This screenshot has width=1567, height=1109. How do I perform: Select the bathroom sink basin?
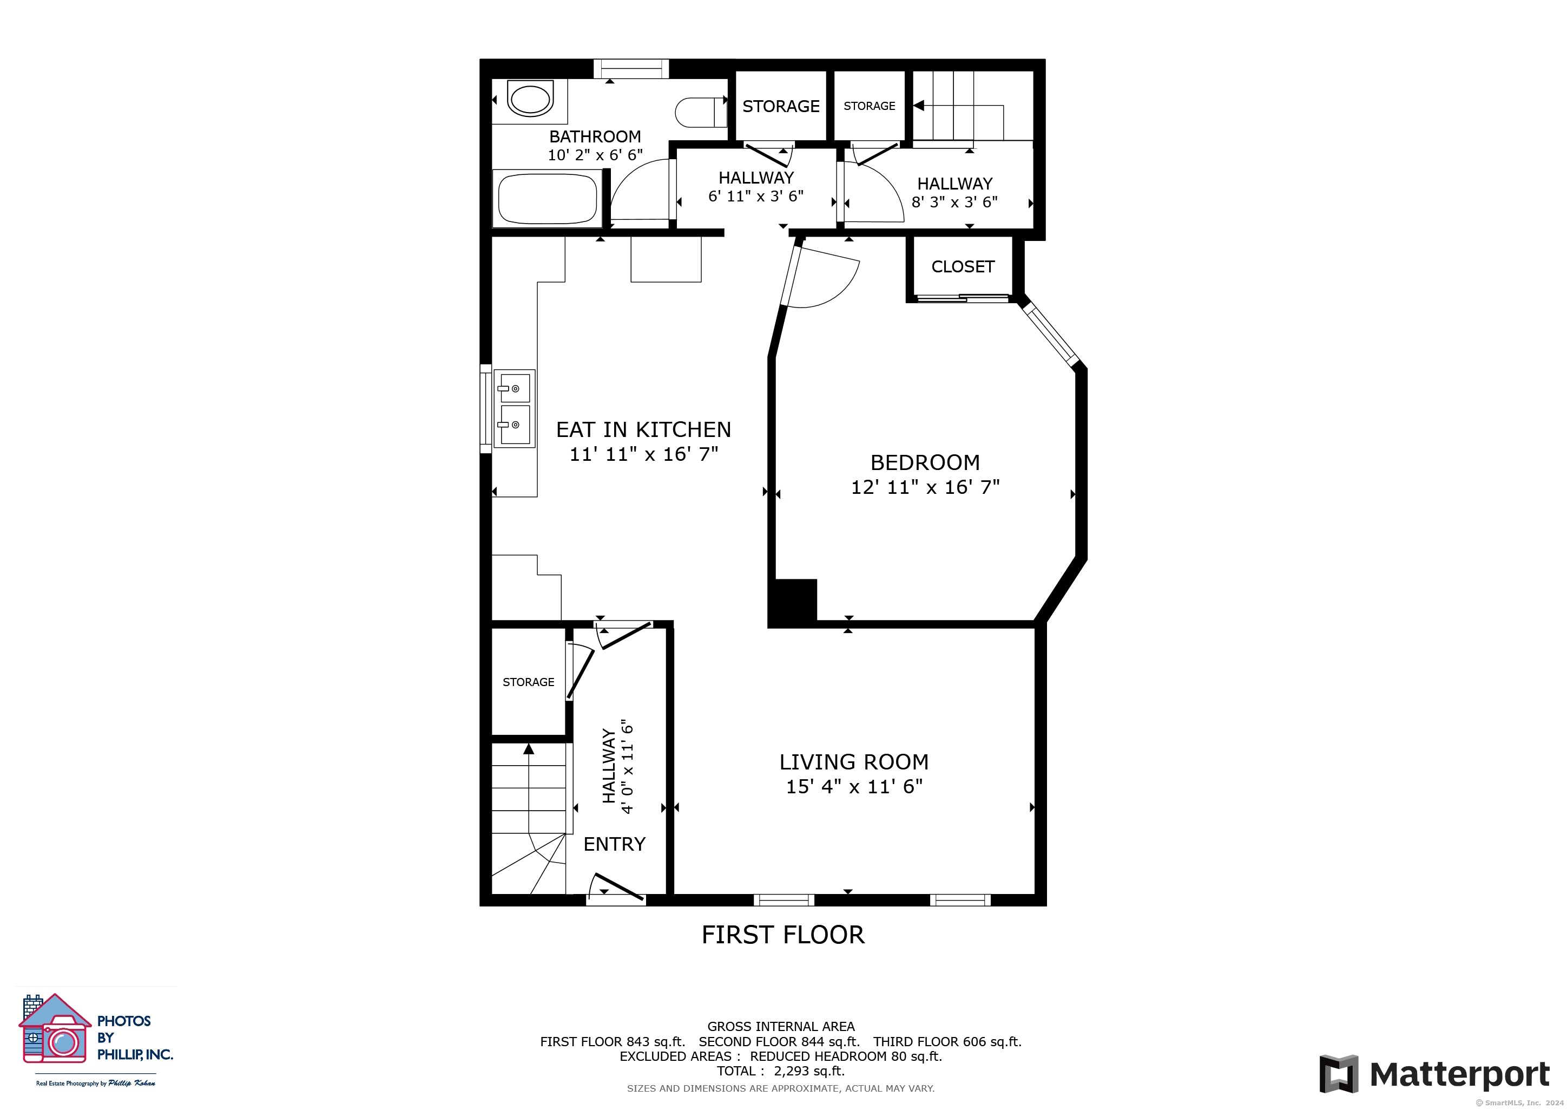coord(530,100)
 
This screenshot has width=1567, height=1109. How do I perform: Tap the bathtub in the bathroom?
coord(548,199)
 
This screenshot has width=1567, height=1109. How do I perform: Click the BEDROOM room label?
coord(925,462)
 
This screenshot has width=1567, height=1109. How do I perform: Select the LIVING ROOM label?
coord(854,761)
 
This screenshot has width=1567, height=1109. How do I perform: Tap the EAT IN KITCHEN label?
coord(643,429)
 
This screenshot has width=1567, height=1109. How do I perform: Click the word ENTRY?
coord(614,844)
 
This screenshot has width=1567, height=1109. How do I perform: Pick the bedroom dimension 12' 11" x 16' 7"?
coord(925,487)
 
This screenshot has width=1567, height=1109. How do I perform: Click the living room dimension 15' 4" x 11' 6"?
coord(854,786)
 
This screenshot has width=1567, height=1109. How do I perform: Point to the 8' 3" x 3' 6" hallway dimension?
coord(954,201)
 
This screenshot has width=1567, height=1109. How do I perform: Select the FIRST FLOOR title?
coord(783,934)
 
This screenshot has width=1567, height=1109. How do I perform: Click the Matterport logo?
coord(1434,1074)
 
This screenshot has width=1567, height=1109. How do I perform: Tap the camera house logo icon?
coord(55,1028)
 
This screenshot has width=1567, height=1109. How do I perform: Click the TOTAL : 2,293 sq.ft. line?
coord(780,1071)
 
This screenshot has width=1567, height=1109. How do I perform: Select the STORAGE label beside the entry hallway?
coord(528,682)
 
